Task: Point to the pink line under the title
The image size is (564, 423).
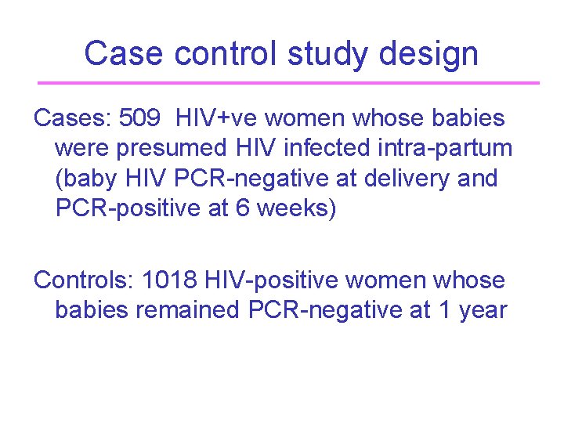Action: click(288, 82)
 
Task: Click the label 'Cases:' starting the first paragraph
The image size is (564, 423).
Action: click(71, 118)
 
